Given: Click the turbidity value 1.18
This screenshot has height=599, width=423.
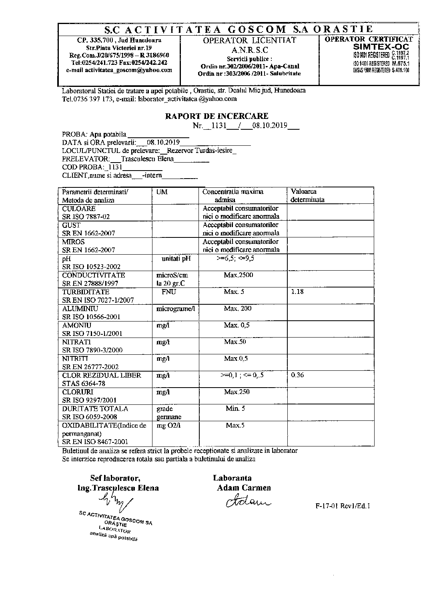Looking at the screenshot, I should (298, 292).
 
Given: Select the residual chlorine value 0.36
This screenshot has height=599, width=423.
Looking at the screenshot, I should (298, 375).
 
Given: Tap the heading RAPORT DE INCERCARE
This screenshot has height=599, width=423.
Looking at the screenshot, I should (217, 116).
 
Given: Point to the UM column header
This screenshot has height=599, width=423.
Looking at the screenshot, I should (162, 192).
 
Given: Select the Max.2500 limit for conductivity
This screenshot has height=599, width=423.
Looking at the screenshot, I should (239, 275).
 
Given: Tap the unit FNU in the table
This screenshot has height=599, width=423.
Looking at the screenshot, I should (169, 292).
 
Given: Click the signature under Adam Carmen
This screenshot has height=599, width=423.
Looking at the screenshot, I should (243, 501).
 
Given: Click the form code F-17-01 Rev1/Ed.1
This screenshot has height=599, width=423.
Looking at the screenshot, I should (343, 506).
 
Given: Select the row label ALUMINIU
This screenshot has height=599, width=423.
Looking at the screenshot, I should (79, 309).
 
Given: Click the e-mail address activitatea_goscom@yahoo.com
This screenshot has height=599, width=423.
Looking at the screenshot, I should (119, 70).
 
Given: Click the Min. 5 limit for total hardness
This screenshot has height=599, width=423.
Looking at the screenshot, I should (235, 408).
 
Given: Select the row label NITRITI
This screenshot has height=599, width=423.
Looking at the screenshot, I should (75, 358).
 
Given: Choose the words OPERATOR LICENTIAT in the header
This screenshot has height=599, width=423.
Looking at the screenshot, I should (249, 40).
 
